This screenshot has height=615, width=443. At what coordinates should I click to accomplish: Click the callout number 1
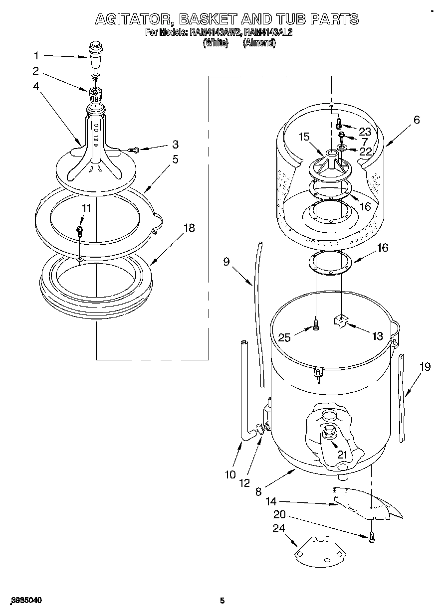pos(36,55)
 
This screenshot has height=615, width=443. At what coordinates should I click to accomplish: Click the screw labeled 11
pos(79,230)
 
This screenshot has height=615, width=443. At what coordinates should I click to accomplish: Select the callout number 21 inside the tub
pos(342,454)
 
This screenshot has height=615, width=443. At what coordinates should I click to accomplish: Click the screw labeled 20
pos(372,537)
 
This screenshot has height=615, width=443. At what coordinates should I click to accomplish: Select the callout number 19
pos(425,367)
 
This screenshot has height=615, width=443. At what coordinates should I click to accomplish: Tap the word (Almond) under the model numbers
pos(259,43)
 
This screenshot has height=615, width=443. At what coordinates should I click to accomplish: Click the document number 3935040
pos(25,601)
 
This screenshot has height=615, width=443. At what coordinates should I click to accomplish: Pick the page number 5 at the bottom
pos(222,601)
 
